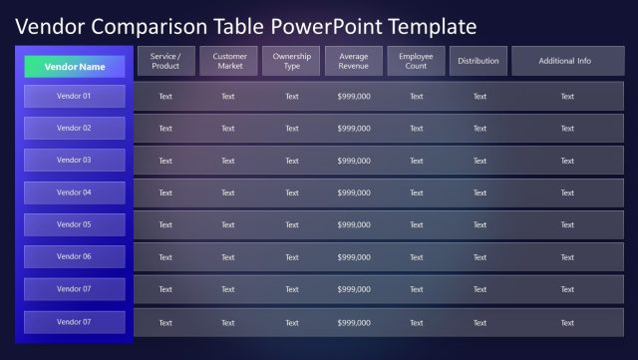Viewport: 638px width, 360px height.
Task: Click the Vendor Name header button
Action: coord(75,67)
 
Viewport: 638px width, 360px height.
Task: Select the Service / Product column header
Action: coord(165,61)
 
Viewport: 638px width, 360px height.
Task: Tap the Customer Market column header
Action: coord(229,61)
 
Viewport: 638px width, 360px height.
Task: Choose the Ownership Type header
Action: coord(291,61)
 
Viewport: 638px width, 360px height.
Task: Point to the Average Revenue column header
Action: coord(354,61)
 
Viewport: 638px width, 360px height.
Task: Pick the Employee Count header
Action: coord(416,61)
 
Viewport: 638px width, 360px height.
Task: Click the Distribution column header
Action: coord(478,61)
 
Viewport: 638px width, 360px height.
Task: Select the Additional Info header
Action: coord(565,61)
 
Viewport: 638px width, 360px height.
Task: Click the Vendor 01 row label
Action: coord(75,97)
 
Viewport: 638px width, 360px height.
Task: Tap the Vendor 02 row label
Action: coord(75,128)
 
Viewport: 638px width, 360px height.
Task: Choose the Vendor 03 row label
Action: coord(75,160)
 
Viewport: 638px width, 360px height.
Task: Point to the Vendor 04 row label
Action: coord(75,192)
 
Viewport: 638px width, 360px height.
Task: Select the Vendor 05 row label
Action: coord(75,224)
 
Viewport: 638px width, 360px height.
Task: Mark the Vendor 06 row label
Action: coord(75,256)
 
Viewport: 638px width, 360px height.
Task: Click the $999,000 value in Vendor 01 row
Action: coord(354,97)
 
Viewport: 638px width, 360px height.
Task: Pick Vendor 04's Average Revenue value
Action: coord(354,192)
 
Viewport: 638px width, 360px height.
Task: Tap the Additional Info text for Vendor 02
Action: coord(567,129)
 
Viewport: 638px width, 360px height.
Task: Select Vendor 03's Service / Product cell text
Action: coord(165,161)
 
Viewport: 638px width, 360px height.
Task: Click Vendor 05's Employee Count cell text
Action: coord(417,224)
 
